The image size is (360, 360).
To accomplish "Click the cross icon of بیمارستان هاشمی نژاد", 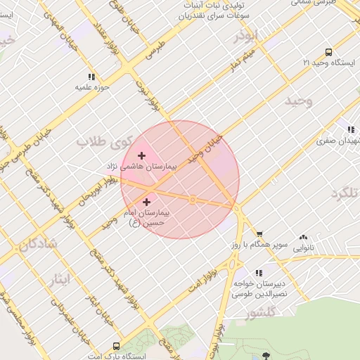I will coord(141,155).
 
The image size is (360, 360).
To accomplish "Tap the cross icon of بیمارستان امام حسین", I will coord(146,202).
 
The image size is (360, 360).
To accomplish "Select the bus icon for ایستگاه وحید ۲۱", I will coord(328,52).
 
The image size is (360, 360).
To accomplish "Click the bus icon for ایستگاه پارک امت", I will coord(115,346).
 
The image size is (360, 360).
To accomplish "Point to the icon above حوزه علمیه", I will coord(91,77).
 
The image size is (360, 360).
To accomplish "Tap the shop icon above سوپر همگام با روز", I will coord(259,235).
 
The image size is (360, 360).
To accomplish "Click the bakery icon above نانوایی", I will coord(303,238).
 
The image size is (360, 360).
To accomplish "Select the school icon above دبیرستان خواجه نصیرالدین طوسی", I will coord(259,273).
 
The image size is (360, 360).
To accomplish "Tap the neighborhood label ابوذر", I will coord(247,35).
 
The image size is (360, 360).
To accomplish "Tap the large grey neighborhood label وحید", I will coord(298,101).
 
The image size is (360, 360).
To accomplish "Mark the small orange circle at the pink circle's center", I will coord(193,200).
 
